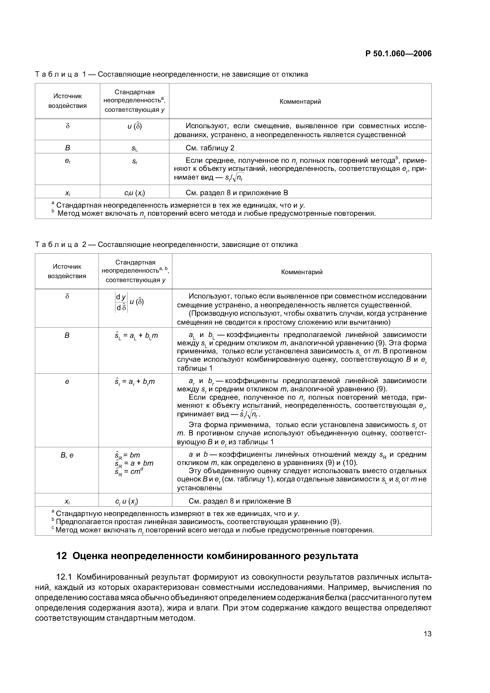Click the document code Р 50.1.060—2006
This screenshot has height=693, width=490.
click(x=398, y=54)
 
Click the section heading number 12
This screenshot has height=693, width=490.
click(x=61, y=556)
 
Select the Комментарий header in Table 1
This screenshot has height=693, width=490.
click(x=300, y=101)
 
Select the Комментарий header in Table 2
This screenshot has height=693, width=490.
click(x=302, y=272)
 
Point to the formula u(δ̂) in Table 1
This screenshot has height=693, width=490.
click(x=135, y=126)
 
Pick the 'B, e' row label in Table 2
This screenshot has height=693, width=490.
click(x=67, y=455)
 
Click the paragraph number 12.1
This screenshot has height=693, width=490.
click(x=64, y=577)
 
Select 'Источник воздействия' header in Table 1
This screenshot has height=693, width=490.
click(x=68, y=101)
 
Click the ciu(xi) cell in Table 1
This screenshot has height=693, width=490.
click(x=135, y=193)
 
